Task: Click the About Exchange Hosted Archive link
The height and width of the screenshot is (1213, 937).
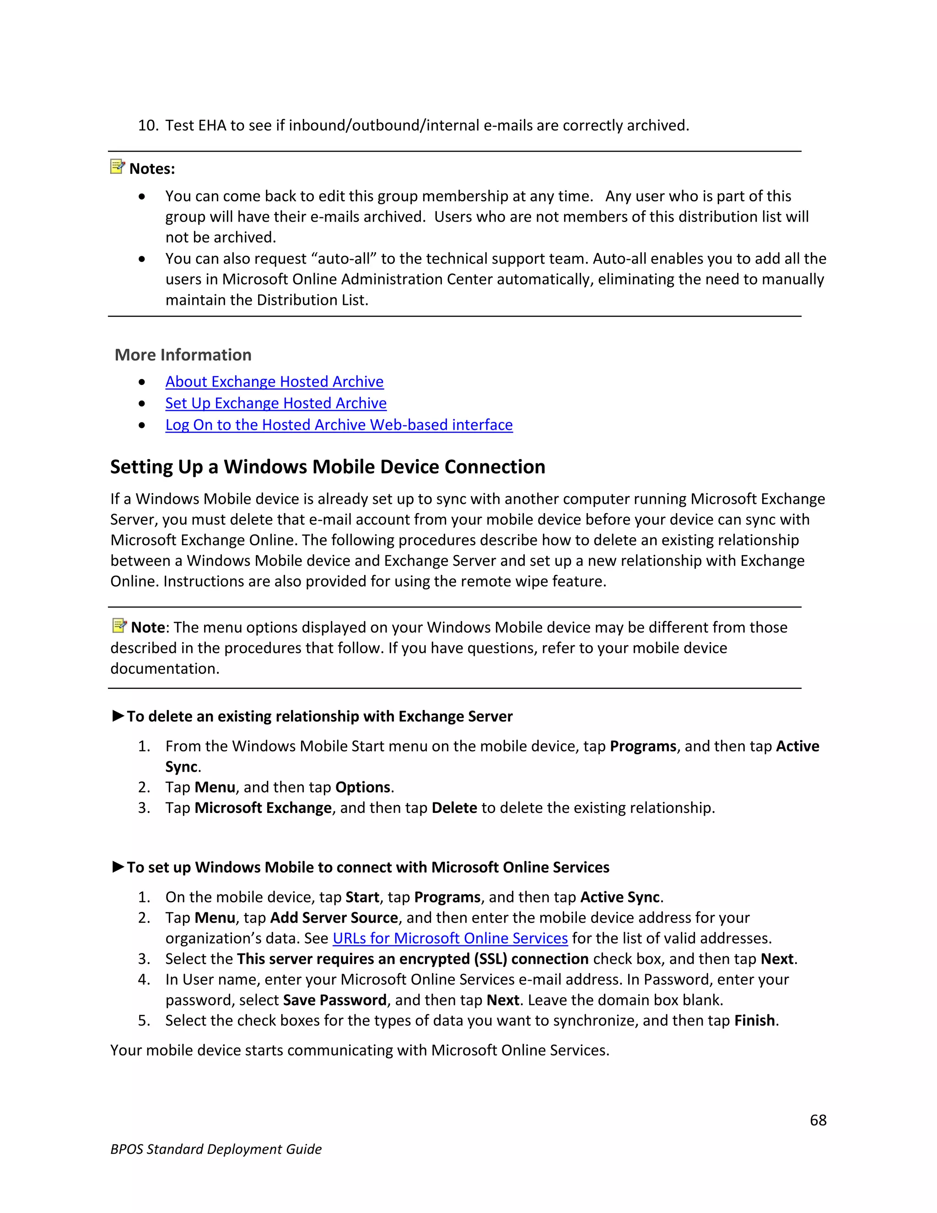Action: click(274, 382)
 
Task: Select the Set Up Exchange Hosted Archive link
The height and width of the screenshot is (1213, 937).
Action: click(276, 403)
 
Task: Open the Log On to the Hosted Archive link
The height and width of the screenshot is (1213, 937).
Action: click(339, 425)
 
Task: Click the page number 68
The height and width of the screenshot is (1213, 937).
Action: click(818, 1120)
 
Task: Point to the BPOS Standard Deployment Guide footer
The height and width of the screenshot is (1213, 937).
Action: click(216, 1149)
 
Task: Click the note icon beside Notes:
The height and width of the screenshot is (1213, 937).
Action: click(117, 167)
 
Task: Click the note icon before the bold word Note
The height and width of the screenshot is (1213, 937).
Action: click(119, 626)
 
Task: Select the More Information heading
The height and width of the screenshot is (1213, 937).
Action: click(183, 355)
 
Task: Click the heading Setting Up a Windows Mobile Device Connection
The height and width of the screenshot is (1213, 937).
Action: click(328, 467)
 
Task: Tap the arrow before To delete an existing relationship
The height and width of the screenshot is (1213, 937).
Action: click(118, 715)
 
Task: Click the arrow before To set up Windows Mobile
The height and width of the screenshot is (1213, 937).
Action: click(118, 866)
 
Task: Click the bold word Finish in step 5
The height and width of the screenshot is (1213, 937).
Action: click(754, 1021)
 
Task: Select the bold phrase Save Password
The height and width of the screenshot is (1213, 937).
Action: click(334, 1000)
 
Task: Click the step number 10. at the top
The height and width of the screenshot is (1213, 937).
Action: click(148, 125)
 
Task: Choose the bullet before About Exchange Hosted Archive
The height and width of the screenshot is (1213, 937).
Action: click(142, 382)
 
